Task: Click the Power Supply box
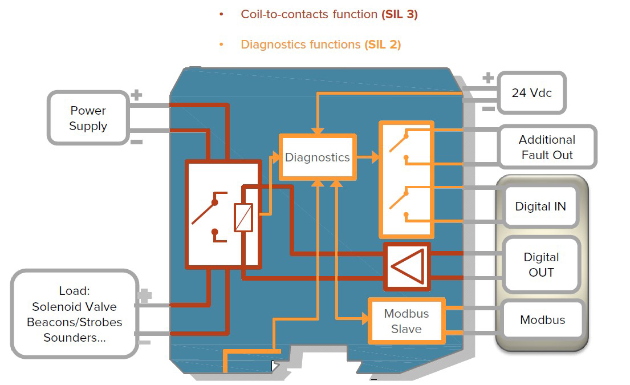point(88,118)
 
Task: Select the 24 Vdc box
point(531,92)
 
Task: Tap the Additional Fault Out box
point(546,147)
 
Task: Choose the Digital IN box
point(540,206)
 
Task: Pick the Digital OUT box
point(540,265)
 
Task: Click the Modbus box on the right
point(542,320)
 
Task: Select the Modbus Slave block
point(406,321)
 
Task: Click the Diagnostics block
point(317,157)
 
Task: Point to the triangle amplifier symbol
point(409,266)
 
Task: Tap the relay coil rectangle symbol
point(243,217)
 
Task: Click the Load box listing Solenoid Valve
point(74,314)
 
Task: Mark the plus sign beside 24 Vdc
point(488,78)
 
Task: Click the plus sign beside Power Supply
point(136,95)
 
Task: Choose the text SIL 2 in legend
point(383,44)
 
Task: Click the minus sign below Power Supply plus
point(136,141)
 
